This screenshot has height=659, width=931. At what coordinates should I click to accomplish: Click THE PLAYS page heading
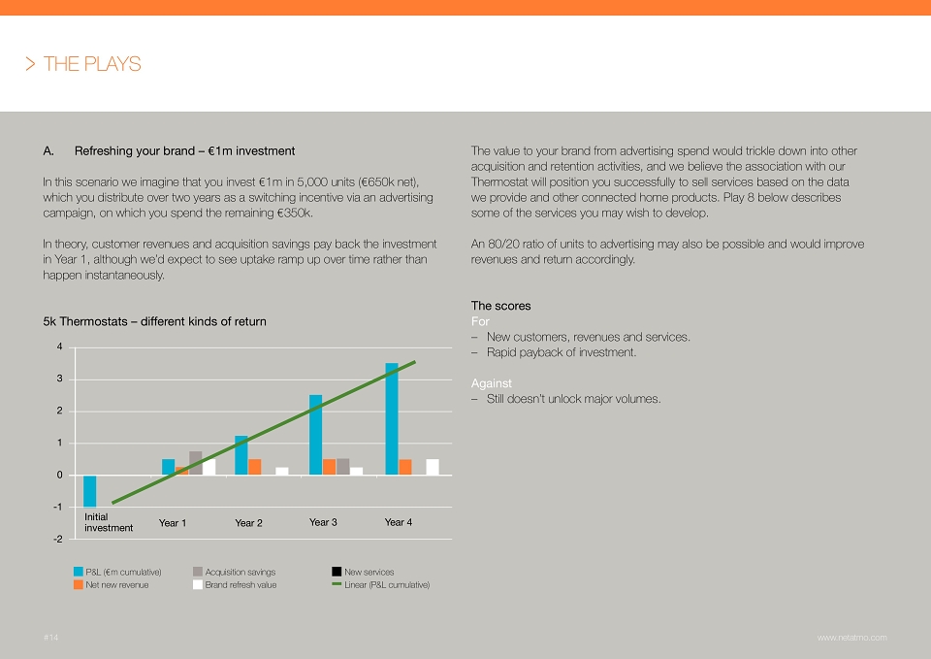[x=92, y=64]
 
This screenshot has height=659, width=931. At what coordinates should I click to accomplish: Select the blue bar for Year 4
[x=392, y=419]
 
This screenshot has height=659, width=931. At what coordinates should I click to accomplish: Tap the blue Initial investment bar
[x=89, y=491]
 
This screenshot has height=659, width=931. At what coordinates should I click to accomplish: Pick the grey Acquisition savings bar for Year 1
[x=195, y=463]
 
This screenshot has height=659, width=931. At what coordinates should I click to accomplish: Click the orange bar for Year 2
[x=255, y=467]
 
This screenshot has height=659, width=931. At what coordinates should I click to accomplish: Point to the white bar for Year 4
[x=433, y=467]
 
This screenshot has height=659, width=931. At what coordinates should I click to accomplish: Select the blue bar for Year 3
[x=316, y=435]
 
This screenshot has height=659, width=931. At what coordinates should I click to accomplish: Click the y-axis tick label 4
[x=59, y=346]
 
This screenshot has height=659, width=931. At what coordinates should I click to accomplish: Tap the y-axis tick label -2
[x=57, y=539]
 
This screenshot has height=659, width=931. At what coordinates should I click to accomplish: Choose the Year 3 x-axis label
[x=323, y=522]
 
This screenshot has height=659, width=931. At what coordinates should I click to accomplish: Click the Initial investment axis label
[x=109, y=522]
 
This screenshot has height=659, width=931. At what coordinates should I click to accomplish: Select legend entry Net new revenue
[x=111, y=584]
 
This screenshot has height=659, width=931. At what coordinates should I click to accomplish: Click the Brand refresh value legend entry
[x=235, y=584]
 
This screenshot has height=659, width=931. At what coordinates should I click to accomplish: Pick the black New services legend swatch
[x=337, y=572]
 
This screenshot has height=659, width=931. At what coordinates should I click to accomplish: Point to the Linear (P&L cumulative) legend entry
[x=380, y=584]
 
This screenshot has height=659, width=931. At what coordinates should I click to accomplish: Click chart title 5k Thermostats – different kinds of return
[x=154, y=321]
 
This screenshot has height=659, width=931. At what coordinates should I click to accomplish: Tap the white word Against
[x=491, y=383]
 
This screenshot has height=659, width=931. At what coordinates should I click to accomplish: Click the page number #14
[x=51, y=638]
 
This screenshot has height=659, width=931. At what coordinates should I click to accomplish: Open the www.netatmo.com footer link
[x=852, y=638]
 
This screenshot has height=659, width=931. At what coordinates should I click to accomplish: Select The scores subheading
[x=500, y=306]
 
